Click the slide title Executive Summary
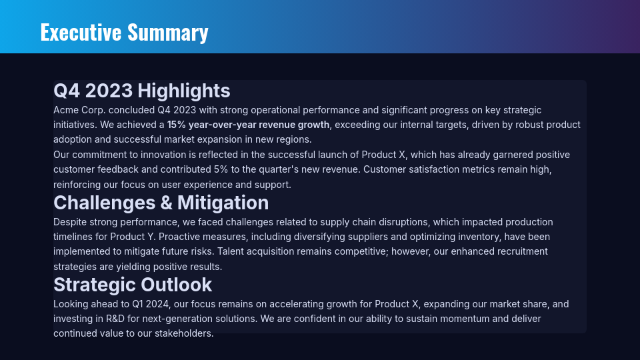[124, 32]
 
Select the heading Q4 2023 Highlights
[142, 91]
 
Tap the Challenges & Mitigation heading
[161, 203]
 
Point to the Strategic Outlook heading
[133, 285]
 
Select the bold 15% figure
[176, 125]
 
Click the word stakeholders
[181, 333]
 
